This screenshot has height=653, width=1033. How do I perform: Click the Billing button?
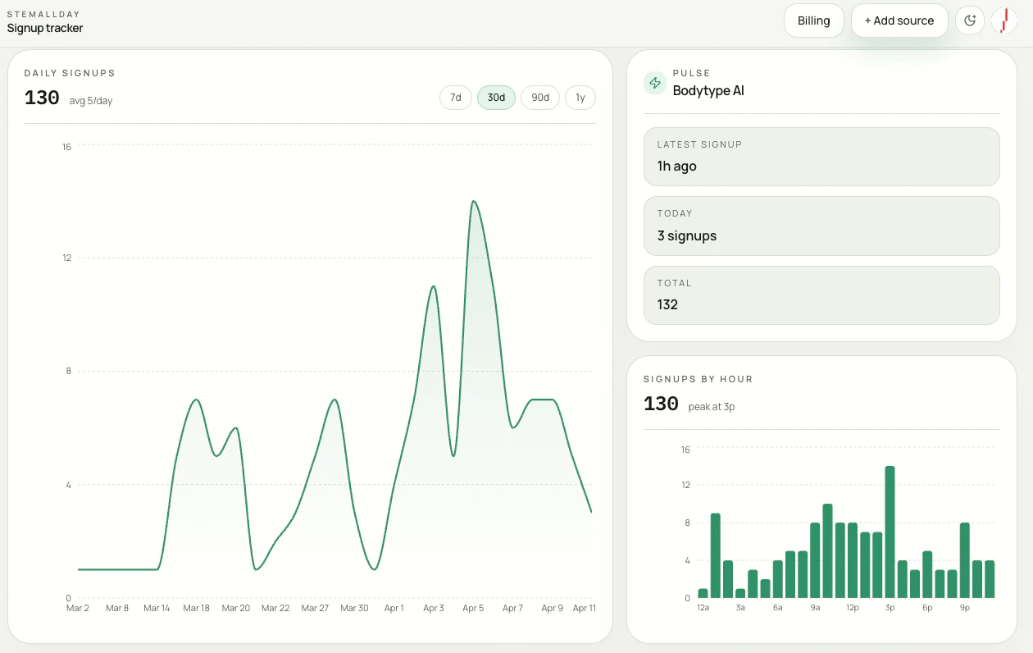[813, 21]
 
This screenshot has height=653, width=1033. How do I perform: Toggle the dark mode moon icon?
[970, 21]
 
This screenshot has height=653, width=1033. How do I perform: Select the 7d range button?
[456, 98]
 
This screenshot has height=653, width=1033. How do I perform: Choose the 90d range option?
[540, 98]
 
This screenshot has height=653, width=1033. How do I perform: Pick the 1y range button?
[580, 98]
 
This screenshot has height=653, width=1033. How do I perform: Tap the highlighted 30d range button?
[496, 98]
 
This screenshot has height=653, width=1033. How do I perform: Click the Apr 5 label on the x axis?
[473, 608]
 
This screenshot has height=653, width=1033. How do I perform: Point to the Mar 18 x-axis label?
[197, 608]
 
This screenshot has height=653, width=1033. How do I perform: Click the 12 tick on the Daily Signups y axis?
[66, 258]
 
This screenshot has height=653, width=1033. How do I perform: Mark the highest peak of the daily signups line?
[473, 201]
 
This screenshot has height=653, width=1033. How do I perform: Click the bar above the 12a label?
[703, 593]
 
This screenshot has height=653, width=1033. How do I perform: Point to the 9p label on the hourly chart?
[965, 608]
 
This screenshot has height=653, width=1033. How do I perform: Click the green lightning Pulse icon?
[654, 83]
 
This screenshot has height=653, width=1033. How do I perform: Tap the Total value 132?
[667, 304]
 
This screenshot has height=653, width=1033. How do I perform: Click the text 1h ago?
[676, 166]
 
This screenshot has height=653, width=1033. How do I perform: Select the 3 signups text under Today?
[687, 235]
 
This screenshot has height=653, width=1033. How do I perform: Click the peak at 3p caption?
[711, 407]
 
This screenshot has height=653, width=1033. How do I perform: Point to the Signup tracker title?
[45, 28]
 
